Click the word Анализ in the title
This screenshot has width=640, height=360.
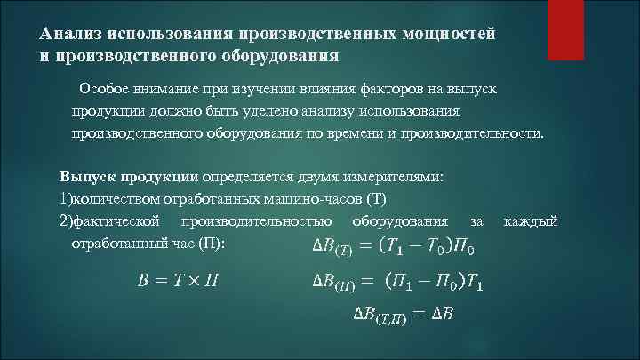pos(70,33)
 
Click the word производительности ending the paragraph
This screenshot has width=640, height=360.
pos(476,132)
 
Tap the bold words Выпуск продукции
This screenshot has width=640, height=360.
pos(130,176)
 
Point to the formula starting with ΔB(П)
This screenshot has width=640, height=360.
pos(401,283)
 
